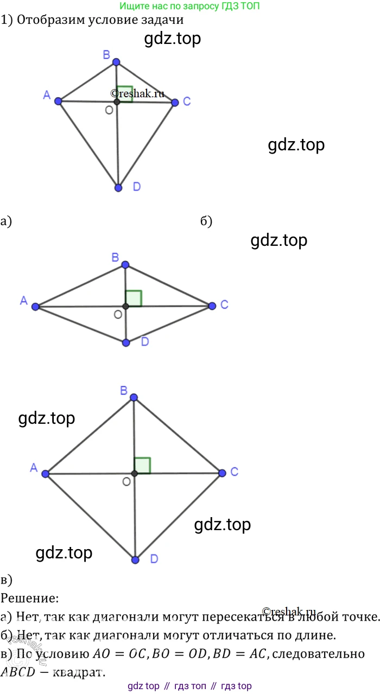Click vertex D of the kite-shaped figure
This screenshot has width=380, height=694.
coord(119,188)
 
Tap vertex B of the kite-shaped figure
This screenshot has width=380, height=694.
coord(116,62)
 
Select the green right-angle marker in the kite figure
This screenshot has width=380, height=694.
coord(125,93)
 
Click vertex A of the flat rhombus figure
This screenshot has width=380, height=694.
coord(36,307)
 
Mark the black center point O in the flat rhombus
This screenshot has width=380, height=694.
coord(125,307)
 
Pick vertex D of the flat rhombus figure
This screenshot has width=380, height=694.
coord(126,342)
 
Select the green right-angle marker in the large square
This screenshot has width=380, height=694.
coord(142,465)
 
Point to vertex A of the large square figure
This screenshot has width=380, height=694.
coord(46,474)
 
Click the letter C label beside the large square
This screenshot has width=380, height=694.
coord(234,472)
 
